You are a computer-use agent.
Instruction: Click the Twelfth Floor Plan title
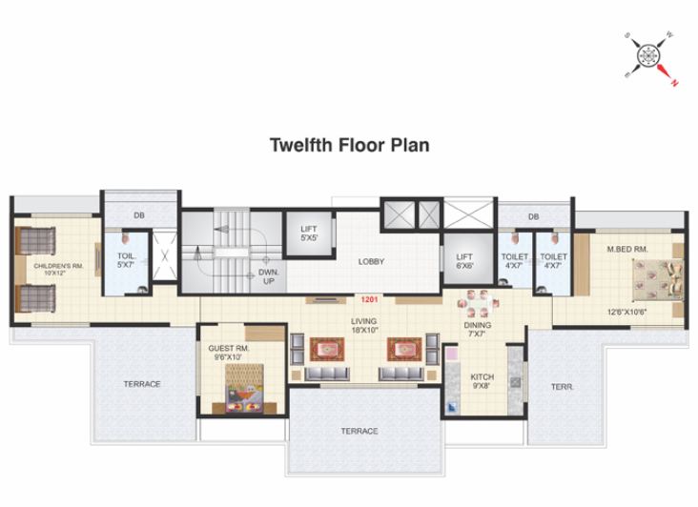(349, 146)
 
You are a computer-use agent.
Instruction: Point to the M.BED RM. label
(627, 250)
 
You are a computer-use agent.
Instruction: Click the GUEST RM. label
(229, 354)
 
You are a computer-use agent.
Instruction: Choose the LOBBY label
(371, 261)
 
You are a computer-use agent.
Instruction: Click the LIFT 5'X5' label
(308, 233)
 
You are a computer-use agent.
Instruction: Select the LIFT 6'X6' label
(464, 261)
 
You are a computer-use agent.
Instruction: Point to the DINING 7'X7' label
(478, 330)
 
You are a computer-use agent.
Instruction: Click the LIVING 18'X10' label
(362, 326)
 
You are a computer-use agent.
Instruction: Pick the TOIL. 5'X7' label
(127, 261)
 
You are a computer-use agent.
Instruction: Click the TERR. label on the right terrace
(561, 386)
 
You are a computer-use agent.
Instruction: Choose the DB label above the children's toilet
(139, 216)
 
